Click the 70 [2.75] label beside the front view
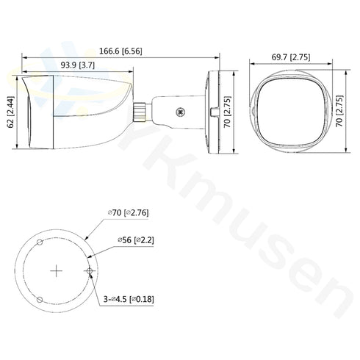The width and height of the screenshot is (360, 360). (x=340, y=113)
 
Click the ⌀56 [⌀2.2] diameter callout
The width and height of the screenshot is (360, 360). (x=134, y=240)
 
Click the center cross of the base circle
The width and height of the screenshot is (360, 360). (x=57, y=271)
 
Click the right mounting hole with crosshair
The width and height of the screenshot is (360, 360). (x=90, y=271)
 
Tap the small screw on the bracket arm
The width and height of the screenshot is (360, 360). (x=179, y=112)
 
